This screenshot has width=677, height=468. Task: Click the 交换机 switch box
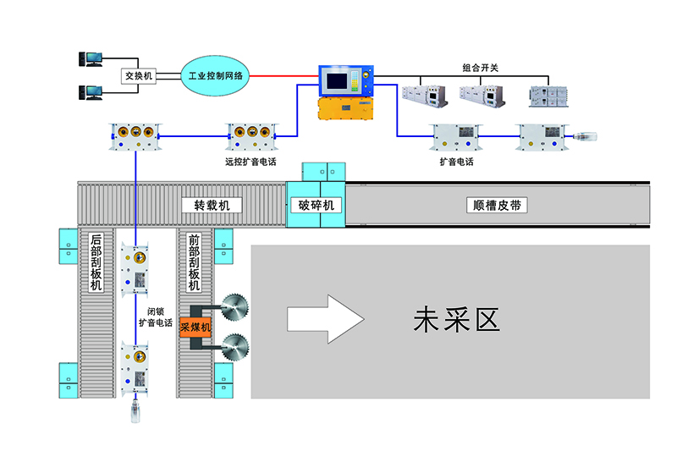click(137, 76)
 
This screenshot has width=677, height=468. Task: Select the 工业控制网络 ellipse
click(215, 76)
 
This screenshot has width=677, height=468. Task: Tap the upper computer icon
click(91, 59)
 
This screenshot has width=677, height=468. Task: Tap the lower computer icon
click(91, 92)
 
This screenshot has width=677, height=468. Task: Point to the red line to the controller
click(283, 76)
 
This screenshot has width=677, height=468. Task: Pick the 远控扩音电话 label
click(251, 159)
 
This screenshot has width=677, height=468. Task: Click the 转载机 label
click(212, 206)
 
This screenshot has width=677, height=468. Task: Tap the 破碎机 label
click(316, 206)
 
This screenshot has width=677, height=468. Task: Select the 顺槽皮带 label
click(498, 206)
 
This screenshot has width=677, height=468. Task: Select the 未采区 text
click(457, 319)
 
